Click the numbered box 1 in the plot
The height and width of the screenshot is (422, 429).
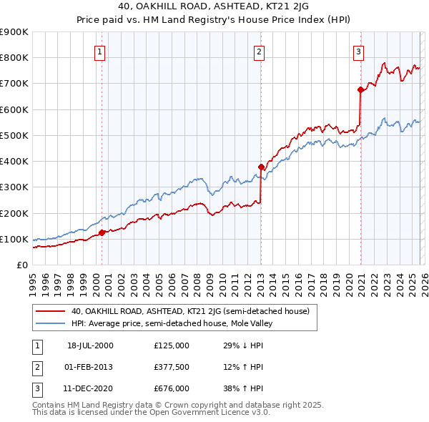point(99,51)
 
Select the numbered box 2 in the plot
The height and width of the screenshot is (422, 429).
point(258,51)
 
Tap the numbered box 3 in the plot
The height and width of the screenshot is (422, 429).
point(357,51)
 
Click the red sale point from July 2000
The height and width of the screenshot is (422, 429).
point(102,232)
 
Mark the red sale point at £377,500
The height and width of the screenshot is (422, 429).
point(261,167)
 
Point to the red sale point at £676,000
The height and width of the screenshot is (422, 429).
point(360,89)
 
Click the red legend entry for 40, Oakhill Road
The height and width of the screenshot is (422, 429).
point(189,311)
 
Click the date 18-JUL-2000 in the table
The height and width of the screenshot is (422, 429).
point(90,345)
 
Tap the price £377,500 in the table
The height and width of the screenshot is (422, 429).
point(171,367)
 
